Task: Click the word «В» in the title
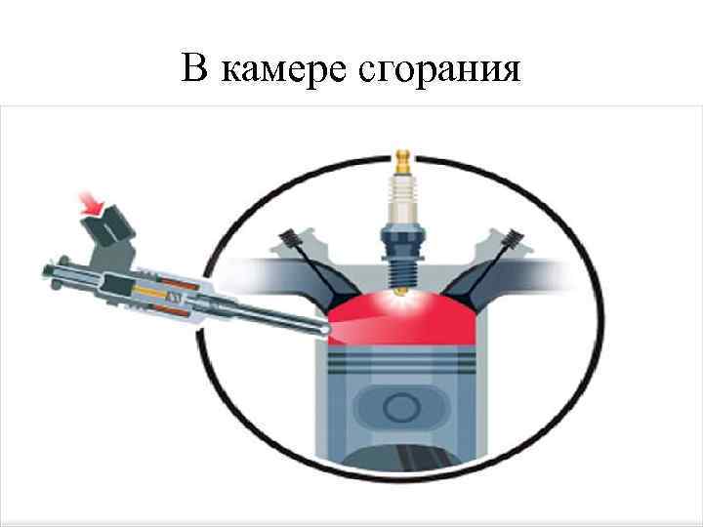(193, 69)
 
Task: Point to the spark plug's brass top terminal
(401, 160)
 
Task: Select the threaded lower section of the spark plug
(401, 263)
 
